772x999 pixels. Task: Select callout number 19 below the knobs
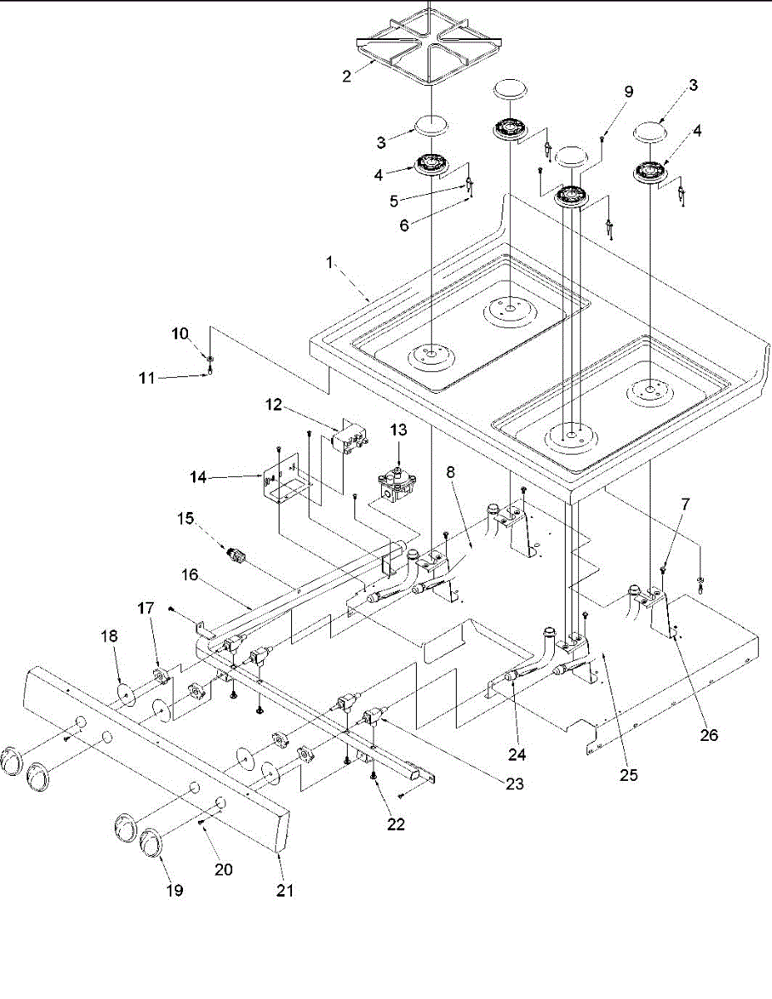(x=175, y=891)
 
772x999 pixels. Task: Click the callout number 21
(x=285, y=891)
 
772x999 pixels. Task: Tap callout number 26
(x=709, y=735)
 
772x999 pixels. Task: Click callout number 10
(x=181, y=334)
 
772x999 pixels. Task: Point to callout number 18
(x=110, y=635)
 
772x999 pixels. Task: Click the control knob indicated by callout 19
(x=152, y=842)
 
